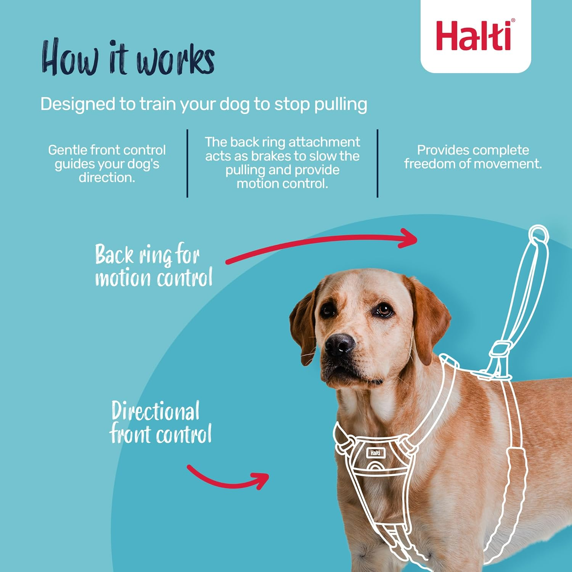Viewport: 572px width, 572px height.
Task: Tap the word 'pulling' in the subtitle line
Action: [x=341, y=104]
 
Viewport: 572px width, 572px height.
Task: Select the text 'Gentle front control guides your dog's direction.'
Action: [x=107, y=164]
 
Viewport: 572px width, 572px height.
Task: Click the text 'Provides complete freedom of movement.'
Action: [x=473, y=157]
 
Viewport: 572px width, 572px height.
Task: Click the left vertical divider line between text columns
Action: [x=187, y=164]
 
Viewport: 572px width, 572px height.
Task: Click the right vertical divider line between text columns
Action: [x=378, y=164]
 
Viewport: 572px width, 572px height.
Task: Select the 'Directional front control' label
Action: [x=160, y=423]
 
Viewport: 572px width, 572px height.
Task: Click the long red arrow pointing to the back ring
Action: [x=322, y=244]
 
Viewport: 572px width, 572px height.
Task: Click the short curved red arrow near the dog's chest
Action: [x=229, y=479]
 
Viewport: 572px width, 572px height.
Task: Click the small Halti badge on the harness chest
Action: [x=376, y=453]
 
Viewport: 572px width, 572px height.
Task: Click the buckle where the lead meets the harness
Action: [x=500, y=349]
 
